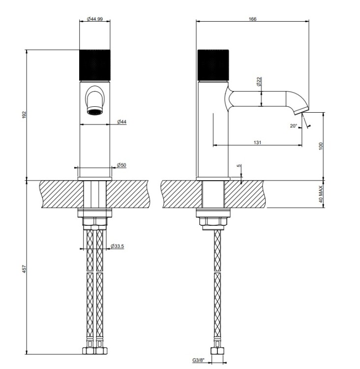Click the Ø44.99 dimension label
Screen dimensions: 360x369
[x=95, y=19]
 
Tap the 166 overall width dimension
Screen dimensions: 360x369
[x=252, y=19]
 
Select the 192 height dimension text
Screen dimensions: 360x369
[x=25, y=115]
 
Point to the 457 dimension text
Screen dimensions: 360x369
[x=25, y=269]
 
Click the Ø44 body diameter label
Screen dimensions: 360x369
[x=121, y=122]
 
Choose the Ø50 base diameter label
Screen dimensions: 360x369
[x=121, y=165]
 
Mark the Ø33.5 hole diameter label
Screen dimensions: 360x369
[x=117, y=246]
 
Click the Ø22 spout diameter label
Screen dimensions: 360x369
[x=259, y=81]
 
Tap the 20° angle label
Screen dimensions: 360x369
[x=294, y=126]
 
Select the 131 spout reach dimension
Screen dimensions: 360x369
[x=257, y=142]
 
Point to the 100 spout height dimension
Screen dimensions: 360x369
[x=321, y=146]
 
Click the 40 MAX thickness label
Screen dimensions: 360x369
[x=321, y=194]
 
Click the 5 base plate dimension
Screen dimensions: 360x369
[x=239, y=166]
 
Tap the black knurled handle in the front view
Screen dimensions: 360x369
[x=95, y=65]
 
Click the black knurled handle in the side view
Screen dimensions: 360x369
[x=213, y=65]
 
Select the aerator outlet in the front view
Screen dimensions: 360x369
[x=95, y=111]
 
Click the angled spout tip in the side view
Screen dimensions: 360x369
[x=301, y=111]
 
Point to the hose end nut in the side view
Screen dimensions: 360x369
[x=218, y=352]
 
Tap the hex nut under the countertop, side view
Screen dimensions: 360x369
[x=213, y=222]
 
